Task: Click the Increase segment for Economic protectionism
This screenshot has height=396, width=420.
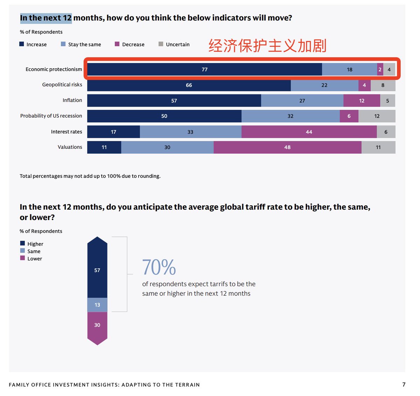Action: click(x=204, y=69)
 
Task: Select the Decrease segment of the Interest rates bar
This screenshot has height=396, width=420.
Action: click(x=309, y=132)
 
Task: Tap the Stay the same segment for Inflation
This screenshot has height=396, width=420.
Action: click(x=302, y=101)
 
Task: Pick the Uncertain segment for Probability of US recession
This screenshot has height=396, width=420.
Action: click(x=377, y=116)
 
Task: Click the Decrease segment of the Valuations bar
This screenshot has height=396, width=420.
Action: click(x=287, y=147)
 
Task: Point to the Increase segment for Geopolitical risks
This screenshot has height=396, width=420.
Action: click(x=189, y=85)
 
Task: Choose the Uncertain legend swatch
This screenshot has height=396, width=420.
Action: click(x=161, y=44)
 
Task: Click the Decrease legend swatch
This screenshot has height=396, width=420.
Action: click(x=117, y=44)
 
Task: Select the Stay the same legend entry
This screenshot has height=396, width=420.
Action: click(x=84, y=44)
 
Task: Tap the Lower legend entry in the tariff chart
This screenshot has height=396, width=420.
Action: click(x=34, y=259)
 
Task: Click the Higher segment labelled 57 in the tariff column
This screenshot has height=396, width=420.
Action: click(x=97, y=270)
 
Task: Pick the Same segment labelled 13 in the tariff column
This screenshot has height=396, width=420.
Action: click(x=97, y=305)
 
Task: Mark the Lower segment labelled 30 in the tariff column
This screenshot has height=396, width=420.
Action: click(x=97, y=325)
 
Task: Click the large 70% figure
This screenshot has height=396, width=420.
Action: click(x=159, y=267)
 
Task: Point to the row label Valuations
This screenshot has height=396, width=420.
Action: click(x=70, y=147)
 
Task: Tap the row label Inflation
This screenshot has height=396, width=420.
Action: click(x=72, y=100)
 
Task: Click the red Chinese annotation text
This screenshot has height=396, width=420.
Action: click(x=267, y=46)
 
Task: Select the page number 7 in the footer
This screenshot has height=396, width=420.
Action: click(x=404, y=384)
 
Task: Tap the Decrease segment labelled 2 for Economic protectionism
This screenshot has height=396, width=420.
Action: click(x=380, y=69)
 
